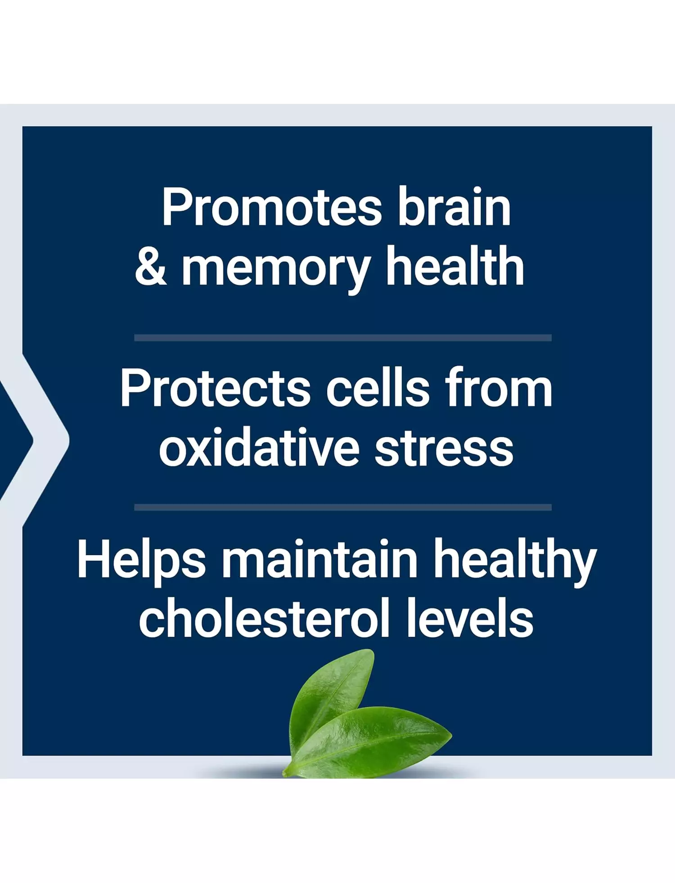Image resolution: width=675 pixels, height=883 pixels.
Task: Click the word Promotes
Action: coord(272,207)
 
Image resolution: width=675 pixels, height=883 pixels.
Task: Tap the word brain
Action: coord(454,206)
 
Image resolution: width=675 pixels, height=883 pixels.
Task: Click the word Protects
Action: coord(215,388)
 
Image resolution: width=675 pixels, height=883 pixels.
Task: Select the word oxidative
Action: coord(259,446)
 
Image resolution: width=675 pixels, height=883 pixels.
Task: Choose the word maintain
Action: coord(320,558)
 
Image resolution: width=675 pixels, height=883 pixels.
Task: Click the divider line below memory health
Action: coord(343,338)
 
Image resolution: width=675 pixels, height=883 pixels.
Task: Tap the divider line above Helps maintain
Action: coord(343,507)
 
